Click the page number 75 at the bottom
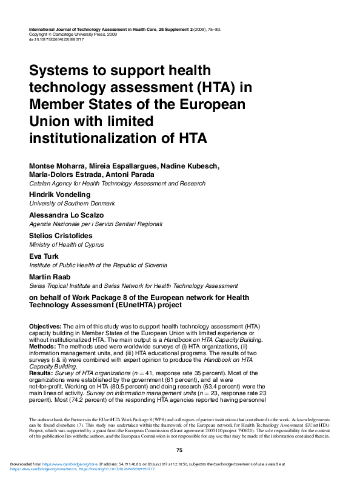pyautogui.click(x=179, y=450)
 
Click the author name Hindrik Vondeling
pyautogui.click(x=59, y=194)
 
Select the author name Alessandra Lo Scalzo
pyautogui.click(x=67, y=215)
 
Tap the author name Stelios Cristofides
pyautogui.click(x=62, y=236)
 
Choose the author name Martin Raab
pyautogui.click(x=50, y=277)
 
